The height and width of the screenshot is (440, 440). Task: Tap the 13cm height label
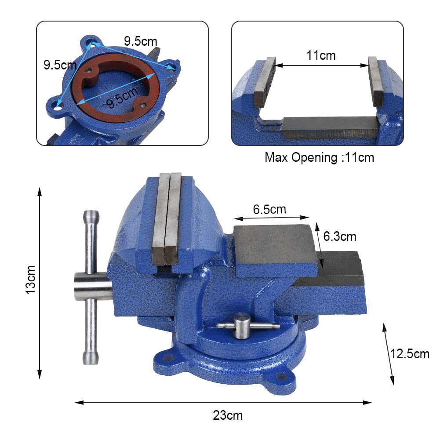[x=30, y=280]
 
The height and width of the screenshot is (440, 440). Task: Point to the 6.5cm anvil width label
[x=269, y=209]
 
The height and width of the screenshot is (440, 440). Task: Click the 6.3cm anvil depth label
[x=339, y=236]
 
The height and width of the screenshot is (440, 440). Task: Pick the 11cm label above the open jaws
[x=321, y=55]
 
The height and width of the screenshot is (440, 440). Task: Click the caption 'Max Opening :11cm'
[x=319, y=157]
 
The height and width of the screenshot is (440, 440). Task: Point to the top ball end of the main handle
[x=91, y=217]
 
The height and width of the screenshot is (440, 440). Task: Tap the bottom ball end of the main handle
[x=91, y=357]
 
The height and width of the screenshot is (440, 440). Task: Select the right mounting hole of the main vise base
[x=281, y=377]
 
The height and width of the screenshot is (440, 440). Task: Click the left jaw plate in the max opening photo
[x=265, y=82]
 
